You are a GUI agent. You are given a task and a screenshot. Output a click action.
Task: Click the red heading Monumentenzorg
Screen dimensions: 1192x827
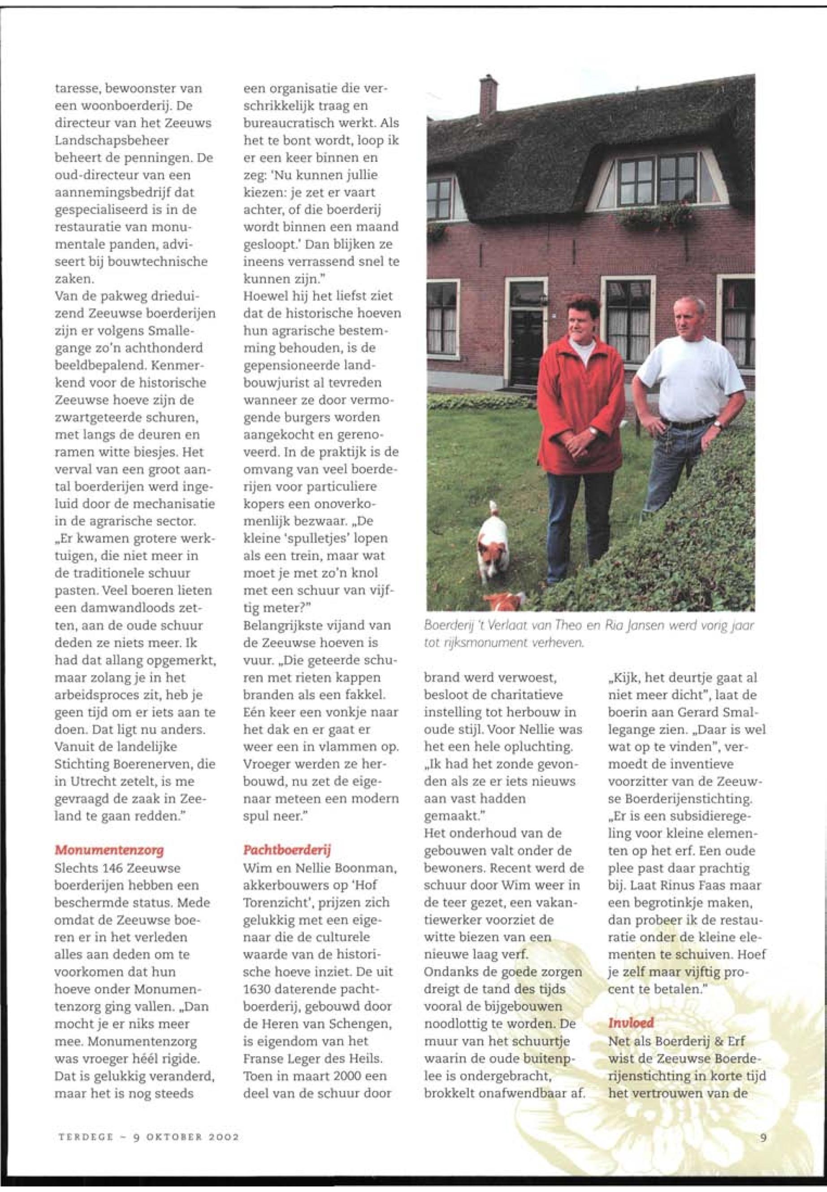coord(109,850)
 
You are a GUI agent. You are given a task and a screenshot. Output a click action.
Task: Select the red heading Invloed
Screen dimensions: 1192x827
coord(631,1007)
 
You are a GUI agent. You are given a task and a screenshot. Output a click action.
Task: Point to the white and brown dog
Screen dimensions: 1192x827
coord(492,541)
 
